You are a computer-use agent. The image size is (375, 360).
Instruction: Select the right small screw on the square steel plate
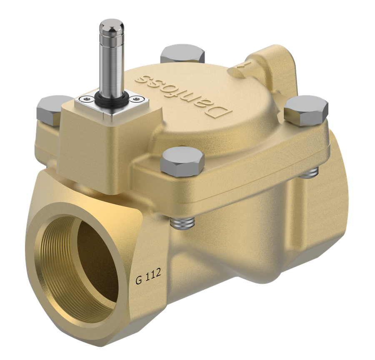(137, 98)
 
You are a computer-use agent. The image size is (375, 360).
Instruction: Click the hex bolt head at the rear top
(182, 54)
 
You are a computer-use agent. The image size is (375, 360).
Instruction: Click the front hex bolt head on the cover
(182, 162)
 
